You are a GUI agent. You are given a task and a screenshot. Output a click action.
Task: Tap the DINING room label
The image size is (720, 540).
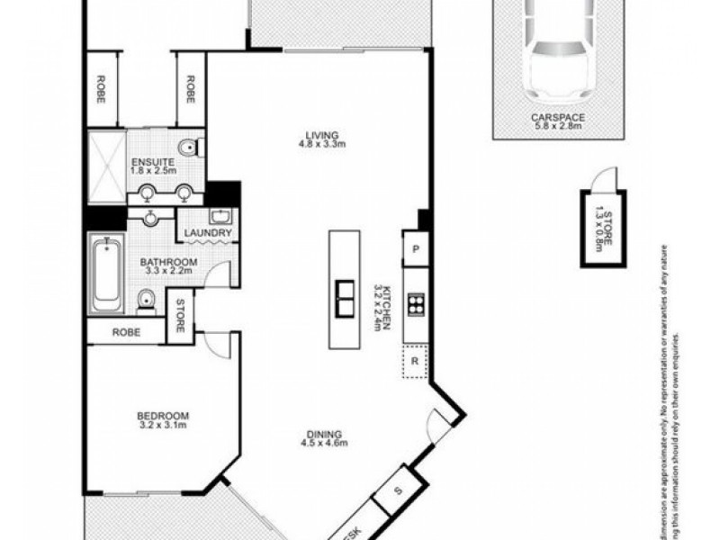point(323,430)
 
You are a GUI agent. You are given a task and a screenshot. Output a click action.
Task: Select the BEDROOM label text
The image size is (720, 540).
point(163,415)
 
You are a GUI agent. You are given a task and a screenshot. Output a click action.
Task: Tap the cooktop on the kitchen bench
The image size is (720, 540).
point(416,303)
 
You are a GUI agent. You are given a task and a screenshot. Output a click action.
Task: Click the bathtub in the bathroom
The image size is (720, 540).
point(106,270)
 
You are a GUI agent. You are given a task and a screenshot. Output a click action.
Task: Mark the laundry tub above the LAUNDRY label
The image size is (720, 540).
point(220,216)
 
